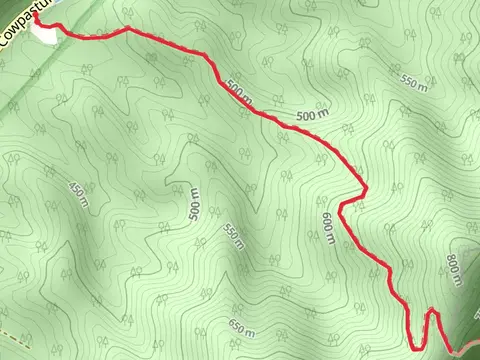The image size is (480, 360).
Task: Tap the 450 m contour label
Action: point(77,190)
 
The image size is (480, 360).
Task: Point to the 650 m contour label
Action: point(242,329)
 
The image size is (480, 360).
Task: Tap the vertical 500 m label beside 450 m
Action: point(194,203)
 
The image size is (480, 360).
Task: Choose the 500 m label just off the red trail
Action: point(312,119)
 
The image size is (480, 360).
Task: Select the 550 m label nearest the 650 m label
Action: point(233,236)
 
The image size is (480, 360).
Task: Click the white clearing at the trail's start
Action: point(44,30)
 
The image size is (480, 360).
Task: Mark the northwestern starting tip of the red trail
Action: point(34,15)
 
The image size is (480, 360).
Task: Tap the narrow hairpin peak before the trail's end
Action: point(432,311)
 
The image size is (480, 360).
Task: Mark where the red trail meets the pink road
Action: point(452,349)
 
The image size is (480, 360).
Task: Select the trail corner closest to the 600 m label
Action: point(342,208)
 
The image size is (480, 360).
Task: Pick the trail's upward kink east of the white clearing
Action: point(126,29)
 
